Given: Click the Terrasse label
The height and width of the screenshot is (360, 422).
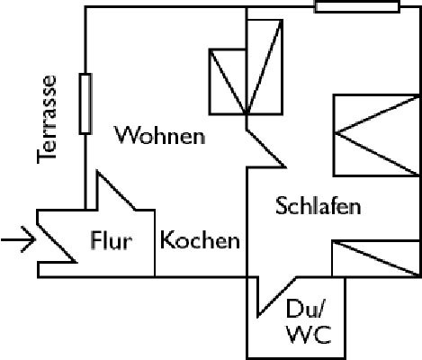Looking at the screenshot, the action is click(x=47, y=120).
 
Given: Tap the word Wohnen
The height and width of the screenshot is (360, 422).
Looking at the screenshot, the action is click(x=160, y=135).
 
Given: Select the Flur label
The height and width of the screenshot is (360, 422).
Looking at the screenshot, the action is click(x=111, y=240).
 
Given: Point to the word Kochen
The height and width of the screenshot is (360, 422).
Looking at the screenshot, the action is click(x=200, y=239).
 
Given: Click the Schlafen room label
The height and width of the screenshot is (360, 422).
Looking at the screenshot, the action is click(x=319, y=206).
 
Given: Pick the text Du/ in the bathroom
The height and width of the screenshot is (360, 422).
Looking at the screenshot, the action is click(x=305, y=309).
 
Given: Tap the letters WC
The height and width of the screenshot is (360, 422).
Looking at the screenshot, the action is click(x=309, y=335).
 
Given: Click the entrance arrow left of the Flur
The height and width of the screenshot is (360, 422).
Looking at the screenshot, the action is click(x=18, y=239).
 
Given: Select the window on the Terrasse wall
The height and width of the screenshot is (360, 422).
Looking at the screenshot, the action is click(x=85, y=103).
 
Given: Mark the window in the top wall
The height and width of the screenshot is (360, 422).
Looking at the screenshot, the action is click(x=357, y=6).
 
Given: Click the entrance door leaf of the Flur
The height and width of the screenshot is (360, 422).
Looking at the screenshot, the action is click(x=56, y=243).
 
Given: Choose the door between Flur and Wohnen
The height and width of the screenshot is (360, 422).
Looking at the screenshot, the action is click(x=116, y=190).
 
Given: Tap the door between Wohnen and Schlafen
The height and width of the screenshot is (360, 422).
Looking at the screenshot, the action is click(x=265, y=148).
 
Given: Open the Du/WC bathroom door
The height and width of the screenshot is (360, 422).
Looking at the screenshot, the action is click(x=276, y=297).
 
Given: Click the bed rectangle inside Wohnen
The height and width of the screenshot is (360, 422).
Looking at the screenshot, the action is click(x=228, y=82).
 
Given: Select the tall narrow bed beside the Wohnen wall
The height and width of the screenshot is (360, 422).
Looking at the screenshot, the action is click(x=265, y=67).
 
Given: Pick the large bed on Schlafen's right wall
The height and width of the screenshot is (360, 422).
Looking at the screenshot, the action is click(x=377, y=135).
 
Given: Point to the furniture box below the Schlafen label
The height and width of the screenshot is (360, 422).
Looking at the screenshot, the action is click(x=375, y=258).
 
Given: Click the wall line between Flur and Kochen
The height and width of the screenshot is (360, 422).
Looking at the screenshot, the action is click(x=155, y=243).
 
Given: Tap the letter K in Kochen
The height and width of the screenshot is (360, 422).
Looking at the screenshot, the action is click(x=166, y=239).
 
